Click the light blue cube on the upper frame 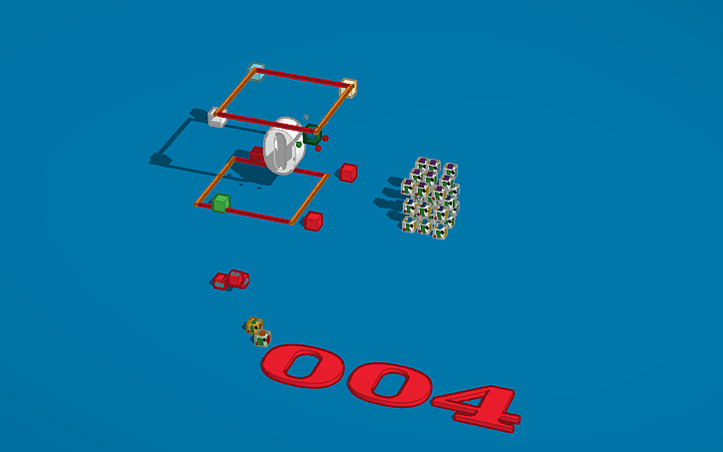coord(256,72)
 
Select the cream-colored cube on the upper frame coord(348,88)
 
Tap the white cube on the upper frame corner coord(215,117)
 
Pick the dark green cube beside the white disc coord(312,136)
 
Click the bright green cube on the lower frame coord(220,203)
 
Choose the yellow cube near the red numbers coord(254,324)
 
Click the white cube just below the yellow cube coord(261,338)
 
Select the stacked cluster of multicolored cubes coord(430,198)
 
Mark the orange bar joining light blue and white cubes coord(236,94)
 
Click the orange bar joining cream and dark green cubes coord(332,111)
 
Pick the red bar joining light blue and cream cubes coord(302,79)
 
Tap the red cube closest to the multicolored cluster coord(347,173)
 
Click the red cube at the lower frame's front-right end coord(313,221)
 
